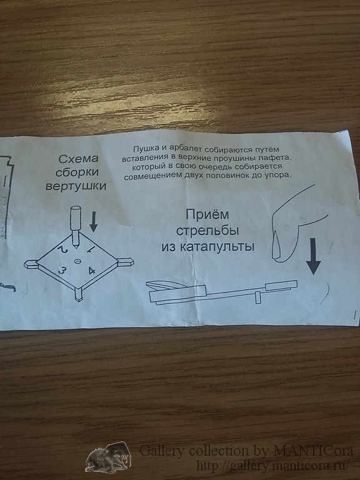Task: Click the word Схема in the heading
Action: tap(78, 159)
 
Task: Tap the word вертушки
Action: tap(76, 186)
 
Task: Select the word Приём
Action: tap(207, 214)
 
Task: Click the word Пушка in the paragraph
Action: tap(146, 149)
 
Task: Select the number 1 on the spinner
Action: tap(91, 250)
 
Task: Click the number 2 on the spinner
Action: tap(62, 249)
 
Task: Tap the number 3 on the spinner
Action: tap(62, 271)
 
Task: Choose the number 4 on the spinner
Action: tap(91, 271)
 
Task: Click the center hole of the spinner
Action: tap(77, 261)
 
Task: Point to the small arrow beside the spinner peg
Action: tap(93, 222)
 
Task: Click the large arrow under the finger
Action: tap(313, 256)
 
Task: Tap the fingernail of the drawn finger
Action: tap(277, 245)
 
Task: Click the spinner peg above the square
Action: tap(75, 226)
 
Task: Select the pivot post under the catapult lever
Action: tap(258, 297)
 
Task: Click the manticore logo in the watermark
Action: tap(108, 457)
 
